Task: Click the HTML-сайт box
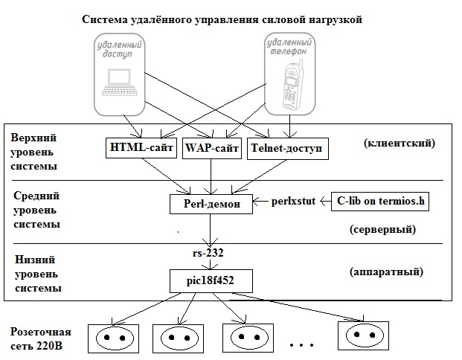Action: click(141, 149)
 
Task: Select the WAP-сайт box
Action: click(211, 149)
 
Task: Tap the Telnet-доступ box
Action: click(286, 149)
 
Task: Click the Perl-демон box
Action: click(211, 203)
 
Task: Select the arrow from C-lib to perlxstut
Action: click(320, 201)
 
